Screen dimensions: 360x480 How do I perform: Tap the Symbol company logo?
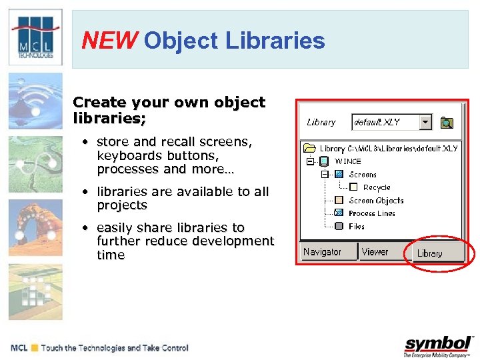click(437, 345)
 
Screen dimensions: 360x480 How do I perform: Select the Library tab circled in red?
click(429, 253)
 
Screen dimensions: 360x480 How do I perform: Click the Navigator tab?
click(322, 252)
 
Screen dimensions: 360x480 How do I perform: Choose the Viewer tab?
click(375, 252)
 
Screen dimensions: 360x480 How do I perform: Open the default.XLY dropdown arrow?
click(425, 122)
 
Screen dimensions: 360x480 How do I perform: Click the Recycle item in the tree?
click(377, 187)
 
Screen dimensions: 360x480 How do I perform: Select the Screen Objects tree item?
click(376, 201)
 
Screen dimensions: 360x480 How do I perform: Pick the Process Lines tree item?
click(371, 213)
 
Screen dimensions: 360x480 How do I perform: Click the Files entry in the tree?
click(357, 227)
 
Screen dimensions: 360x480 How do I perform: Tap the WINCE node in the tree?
click(347, 161)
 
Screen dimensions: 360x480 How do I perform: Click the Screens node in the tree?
click(363, 175)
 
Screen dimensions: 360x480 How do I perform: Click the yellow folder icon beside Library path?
click(309, 149)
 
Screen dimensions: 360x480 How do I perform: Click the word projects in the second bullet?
click(121, 205)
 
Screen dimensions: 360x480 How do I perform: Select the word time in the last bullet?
click(111, 255)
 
